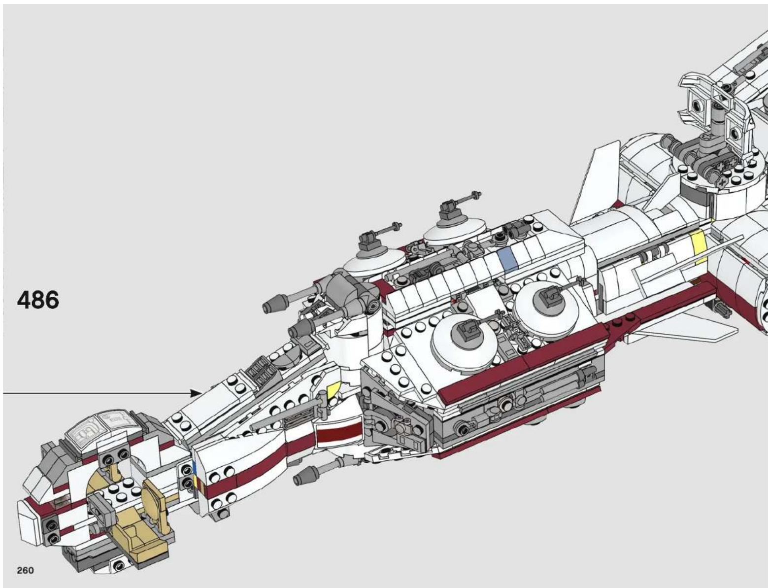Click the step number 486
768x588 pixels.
[38, 300]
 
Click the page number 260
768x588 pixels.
[26, 570]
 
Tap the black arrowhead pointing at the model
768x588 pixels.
[196, 393]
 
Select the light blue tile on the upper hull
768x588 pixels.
[508, 259]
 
